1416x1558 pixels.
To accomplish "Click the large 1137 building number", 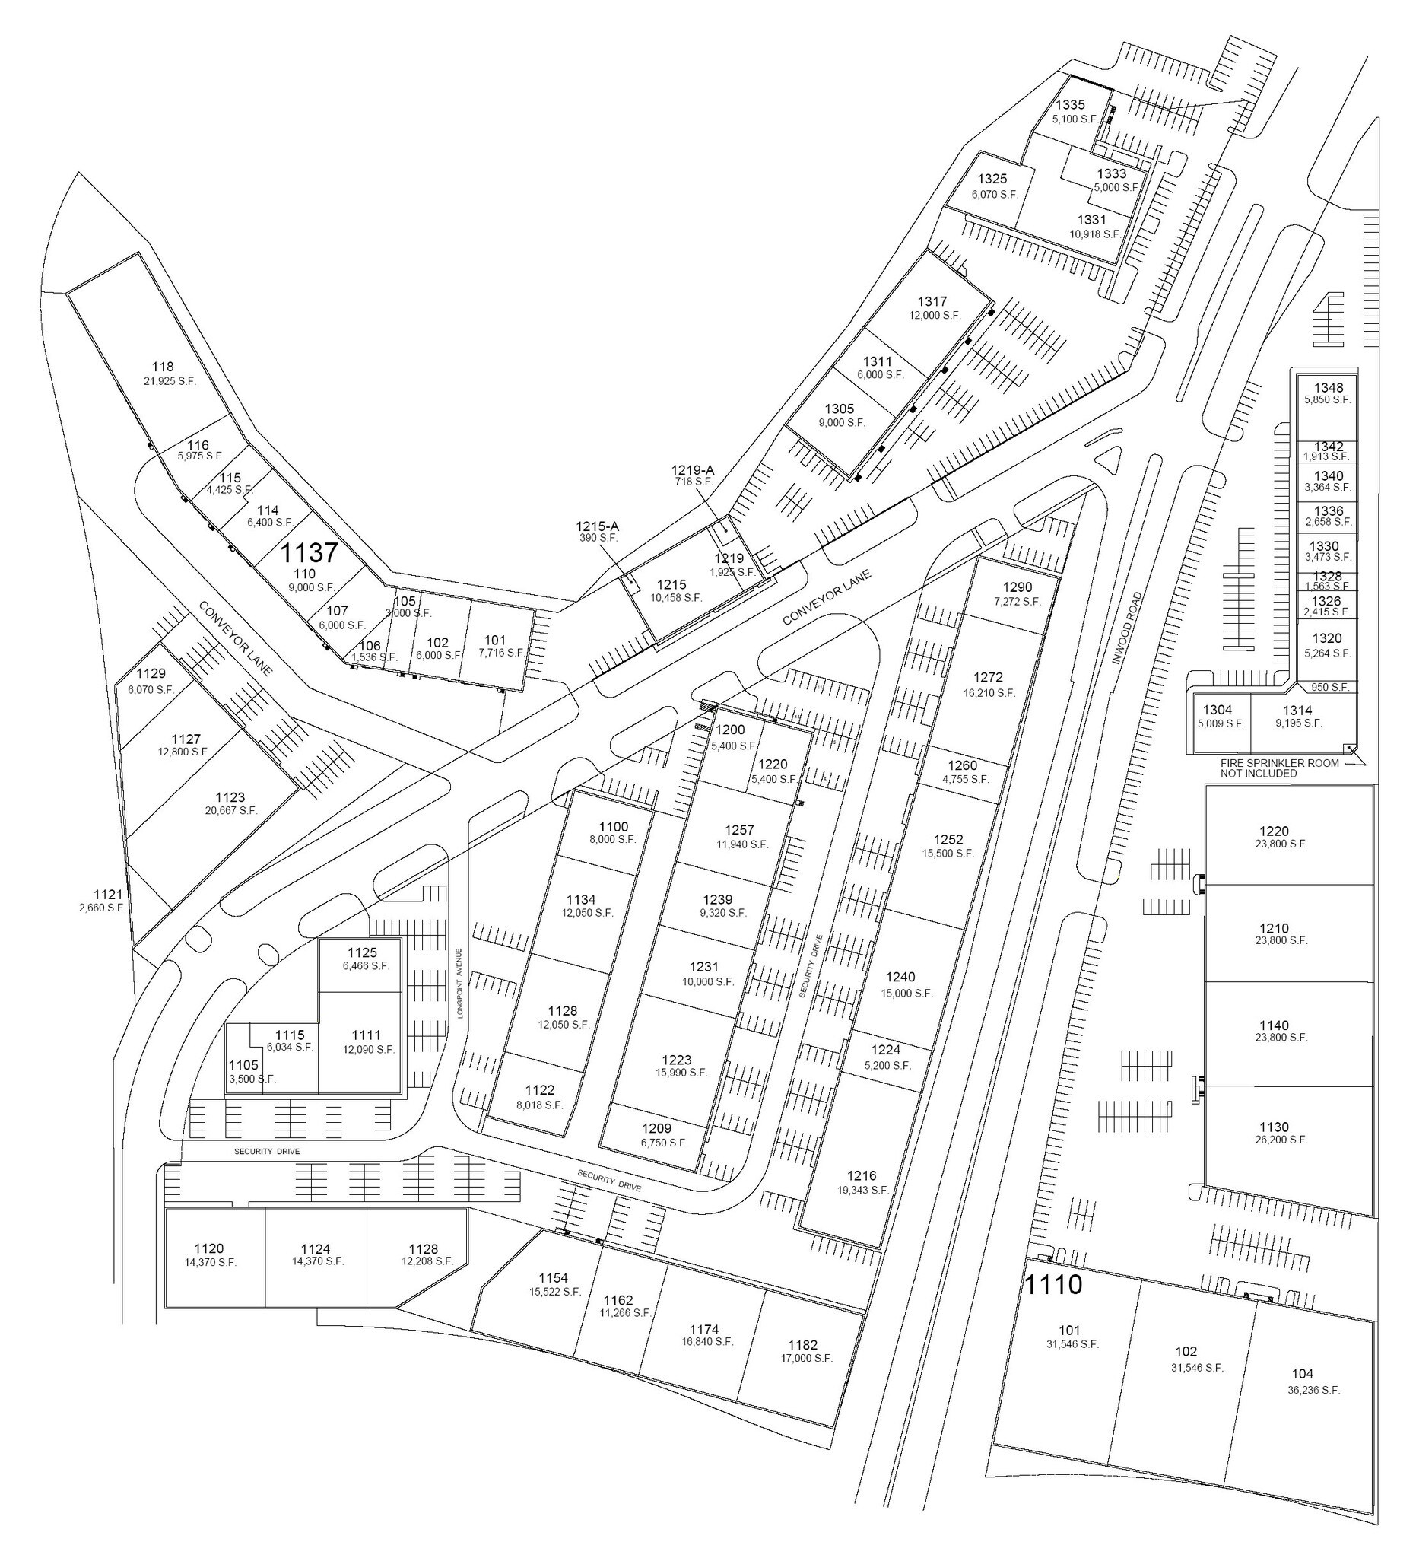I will (x=309, y=552).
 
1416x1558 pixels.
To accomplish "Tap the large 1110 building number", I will (x=1053, y=1284).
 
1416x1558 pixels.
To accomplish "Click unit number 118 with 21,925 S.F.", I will (x=163, y=367).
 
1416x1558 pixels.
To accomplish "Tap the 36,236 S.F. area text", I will (x=1302, y=1389).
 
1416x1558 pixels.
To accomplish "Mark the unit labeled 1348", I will (x=1329, y=388).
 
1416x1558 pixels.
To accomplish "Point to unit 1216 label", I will (x=862, y=1175).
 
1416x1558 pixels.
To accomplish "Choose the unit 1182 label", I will (x=803, y=1345).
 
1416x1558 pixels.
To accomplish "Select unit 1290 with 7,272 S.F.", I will (x=1018, y=587).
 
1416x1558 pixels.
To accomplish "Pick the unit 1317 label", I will (x=932, y=301).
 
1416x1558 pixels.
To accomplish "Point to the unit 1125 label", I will (x=362, y=952).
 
